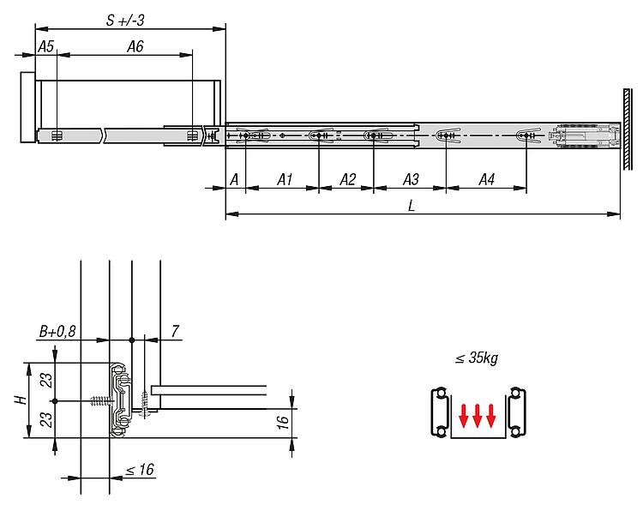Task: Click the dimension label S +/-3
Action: pyautogui.click(x=125, y=20)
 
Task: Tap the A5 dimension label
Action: pyautogui.click(x=46, y=46)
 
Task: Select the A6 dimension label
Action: pyautogui.click(x=135, y=46)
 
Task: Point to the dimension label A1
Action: pyautogui.click(x=285, y=179)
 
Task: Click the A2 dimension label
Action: pyautogui.click(x=348, y=179)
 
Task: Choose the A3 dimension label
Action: pyautogui.click(x=411, y=179)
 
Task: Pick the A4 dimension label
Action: pyautogui.click(x=487, y=179)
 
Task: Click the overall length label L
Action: pyautogui.click(x=412, y=205)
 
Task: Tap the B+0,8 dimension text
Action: pyautogui.click(x=57, y=331)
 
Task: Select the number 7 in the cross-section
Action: pyautogui.click(x=175, y=331)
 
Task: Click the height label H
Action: pyautogui.click(x=21, y=400)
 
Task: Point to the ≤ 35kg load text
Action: pyautogui.click(x=477, y=358)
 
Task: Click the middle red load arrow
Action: pyautogui.click(x=477, y=416)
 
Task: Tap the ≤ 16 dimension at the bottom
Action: pyautogui.click(x=140, y=469)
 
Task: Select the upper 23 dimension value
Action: pyautogui.click(x=48, y=381)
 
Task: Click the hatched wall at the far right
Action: pyautogui.click(x=628, y=129)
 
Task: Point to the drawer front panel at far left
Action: pyautogui.click(x=28, y=107)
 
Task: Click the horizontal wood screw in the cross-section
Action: pyautogui.click(x=102, y=400)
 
